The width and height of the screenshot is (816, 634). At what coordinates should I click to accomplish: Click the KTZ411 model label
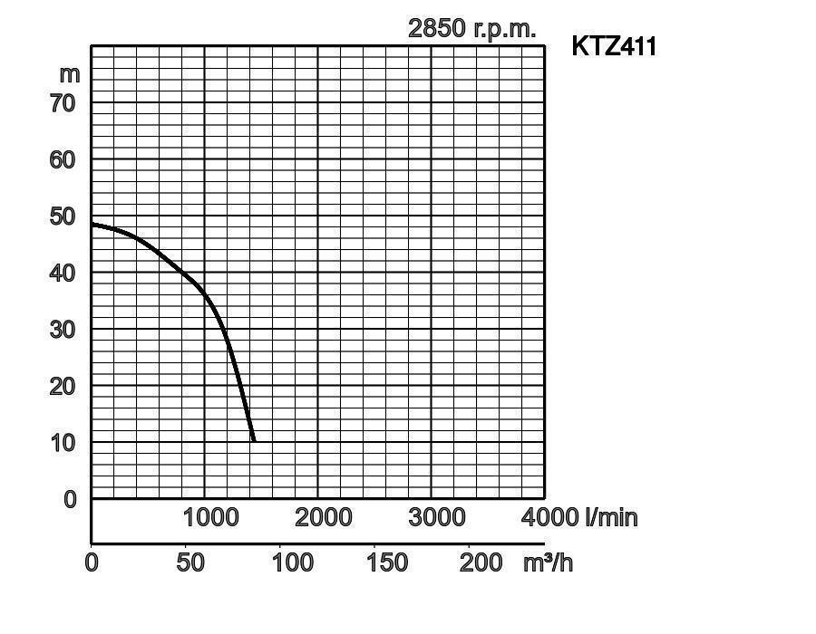click(x=614, y=46)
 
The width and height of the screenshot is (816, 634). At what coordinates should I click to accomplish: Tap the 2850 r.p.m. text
click(x=471, y=28)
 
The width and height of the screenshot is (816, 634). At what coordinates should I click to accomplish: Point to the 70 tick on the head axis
click(x=63, y=103)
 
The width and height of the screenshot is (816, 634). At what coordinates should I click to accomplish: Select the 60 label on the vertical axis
click(x=63, y=159)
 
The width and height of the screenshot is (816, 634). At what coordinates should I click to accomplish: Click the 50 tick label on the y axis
click(x=63, y=216)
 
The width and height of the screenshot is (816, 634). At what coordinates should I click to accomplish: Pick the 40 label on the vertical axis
click(x=63, y=273)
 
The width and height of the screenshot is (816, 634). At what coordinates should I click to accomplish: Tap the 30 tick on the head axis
click(x=63, y=330)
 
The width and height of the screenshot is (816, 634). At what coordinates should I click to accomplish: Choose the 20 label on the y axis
click(x=63, y=386)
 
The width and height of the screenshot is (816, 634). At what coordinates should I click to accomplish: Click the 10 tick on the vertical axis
click(x=63, y=443)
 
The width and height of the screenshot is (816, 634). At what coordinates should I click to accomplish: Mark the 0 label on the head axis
click(x=71, y=499)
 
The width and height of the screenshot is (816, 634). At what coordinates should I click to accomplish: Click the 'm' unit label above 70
click(x=69, y=74)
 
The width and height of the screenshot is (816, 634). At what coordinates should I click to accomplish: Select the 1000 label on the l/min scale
click(x=211, y=517)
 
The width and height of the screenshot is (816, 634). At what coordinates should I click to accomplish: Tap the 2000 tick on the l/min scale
click(x=324, y=517)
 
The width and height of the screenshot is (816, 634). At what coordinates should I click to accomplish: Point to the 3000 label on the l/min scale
click(x=437, y=517)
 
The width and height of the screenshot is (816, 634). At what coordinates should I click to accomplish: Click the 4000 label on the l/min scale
click(x=549, y=517)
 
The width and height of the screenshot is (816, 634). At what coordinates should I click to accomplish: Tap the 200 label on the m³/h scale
click(x=480, y=562)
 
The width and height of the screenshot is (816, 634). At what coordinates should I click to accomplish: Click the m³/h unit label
click(x=548, y=562)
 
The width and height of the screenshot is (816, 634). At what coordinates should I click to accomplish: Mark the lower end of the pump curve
click(x=253, y=440)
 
